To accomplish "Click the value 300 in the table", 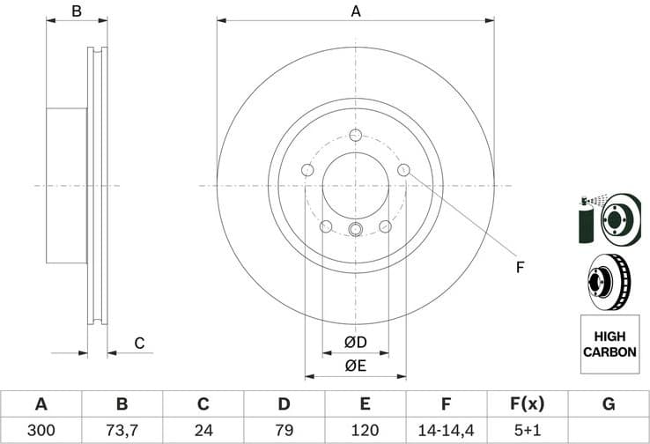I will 41,431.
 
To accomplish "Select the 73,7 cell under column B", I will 122,431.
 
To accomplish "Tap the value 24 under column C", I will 203,431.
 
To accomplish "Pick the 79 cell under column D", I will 284,431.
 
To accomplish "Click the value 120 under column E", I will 365,431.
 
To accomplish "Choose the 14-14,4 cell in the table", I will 446,431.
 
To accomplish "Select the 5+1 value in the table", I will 527,431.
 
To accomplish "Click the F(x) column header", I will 527,404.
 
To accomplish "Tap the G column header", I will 608,404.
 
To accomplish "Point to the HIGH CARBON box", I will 609,344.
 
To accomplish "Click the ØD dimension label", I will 355,342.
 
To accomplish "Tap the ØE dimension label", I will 355,365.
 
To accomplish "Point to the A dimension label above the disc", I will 356,11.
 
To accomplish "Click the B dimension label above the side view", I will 77,11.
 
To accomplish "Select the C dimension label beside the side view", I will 138,343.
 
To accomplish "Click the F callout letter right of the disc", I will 520,267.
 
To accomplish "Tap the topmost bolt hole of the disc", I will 355,135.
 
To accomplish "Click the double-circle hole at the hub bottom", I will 355,230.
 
